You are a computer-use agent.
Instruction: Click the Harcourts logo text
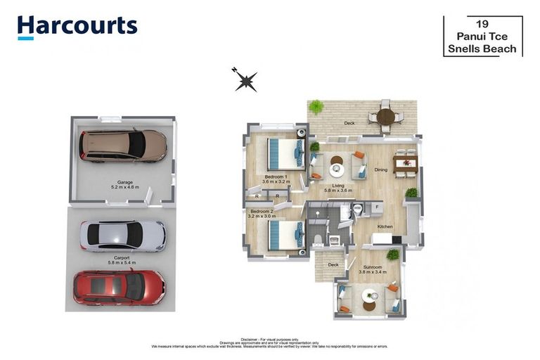click(77, 27)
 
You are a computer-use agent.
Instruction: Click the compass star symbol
click(245, 81)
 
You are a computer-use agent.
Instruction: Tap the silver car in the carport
click(122, 236)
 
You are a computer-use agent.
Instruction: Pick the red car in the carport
click(119, 286)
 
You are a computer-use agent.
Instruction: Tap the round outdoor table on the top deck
click(385, 117)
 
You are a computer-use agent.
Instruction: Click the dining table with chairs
click(405, 164)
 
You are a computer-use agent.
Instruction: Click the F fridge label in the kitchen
click(377, 207)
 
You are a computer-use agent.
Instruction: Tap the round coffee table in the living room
click(336, 169)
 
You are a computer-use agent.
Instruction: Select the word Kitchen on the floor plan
click(385, 226)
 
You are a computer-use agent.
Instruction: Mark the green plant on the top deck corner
click(316, 107)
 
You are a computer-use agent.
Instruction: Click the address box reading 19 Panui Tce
click(483, 36)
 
